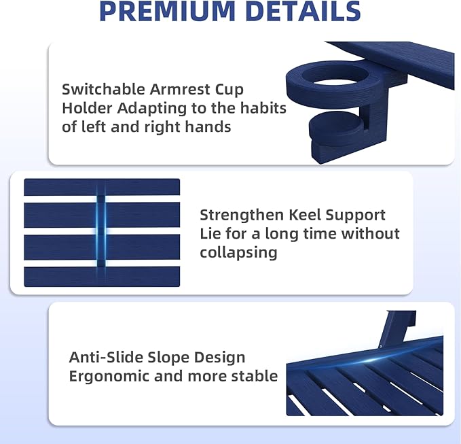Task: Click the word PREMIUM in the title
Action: click(x=168, y=11)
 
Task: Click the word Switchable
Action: click(x=103, y=89)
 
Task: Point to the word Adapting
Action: click(x=152, y=109)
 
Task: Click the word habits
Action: click(x=263, y=107)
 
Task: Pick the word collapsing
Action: click(x=238, y=253)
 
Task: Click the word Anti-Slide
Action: click(x=106, y=357)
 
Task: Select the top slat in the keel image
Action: click(x=102, y=187)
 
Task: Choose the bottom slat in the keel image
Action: click(x=102, y=277)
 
